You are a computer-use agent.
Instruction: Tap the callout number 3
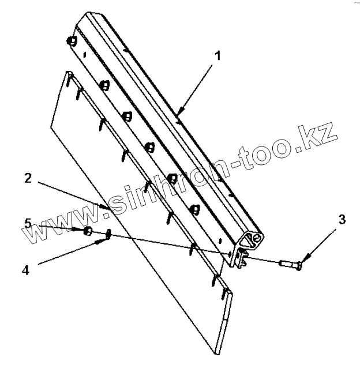point(342,219)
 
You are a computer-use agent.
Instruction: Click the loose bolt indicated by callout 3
point(290,265)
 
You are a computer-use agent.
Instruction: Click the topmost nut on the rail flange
point(72,41)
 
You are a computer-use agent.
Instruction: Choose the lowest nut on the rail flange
point(195,208)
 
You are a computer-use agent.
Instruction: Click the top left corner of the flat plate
point(68,74)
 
